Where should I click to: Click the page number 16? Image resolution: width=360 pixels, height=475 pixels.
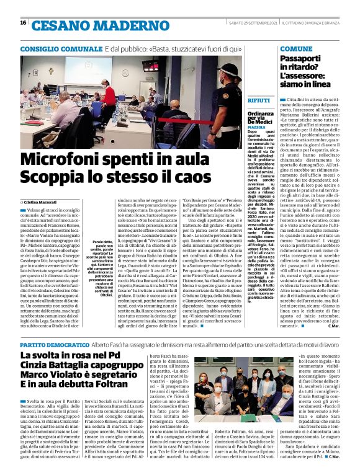tap(23, 22)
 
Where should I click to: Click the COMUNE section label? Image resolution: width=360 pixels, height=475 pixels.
tap(296, 48)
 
